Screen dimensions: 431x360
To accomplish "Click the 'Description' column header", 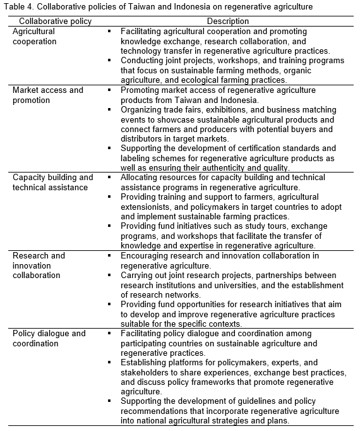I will click(228, 21).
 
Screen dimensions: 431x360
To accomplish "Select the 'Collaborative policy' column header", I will click(51, 21).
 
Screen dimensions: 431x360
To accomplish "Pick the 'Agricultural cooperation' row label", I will click(35, 36).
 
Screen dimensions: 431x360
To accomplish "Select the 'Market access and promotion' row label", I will click(48, 95).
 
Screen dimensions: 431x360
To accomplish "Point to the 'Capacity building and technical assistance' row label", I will click(53, 182).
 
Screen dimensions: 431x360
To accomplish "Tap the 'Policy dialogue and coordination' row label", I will click(49, 338).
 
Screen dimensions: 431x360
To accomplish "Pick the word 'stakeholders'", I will click(146, 373).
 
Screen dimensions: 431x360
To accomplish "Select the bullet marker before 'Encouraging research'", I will click(109, 255).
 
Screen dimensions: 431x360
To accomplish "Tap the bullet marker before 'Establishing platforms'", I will click(109, 362).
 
